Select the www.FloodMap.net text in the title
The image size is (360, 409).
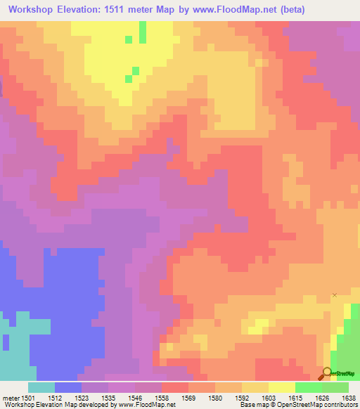(x=238, y=9)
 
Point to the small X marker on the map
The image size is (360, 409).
(x=335, y=295)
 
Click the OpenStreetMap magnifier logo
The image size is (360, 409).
(x=327, y=373)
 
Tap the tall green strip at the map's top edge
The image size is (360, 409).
(x=143, y=32)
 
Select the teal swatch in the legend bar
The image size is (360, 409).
(x=41, y=387)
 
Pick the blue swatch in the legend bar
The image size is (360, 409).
(x=68, y=387)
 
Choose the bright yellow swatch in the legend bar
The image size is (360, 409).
(x=282, y=387)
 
